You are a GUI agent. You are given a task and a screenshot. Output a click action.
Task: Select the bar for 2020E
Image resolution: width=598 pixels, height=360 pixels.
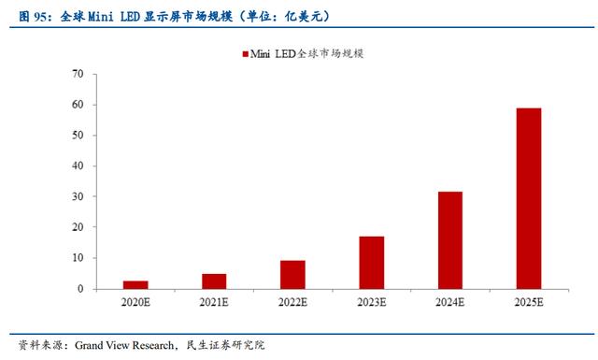click(135, 285)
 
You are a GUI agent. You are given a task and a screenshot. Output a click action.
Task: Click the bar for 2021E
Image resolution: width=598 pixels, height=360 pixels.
click(214, 281)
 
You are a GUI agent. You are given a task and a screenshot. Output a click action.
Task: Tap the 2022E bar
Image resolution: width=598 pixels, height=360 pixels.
click(292, 275)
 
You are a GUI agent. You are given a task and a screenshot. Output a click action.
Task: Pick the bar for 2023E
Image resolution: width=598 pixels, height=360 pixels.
click(372, 263)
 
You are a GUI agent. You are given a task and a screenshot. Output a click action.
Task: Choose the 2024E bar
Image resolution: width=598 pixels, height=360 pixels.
click(450, 240)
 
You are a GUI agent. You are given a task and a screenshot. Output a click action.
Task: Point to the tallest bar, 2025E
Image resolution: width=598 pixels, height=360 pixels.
click(529, 198)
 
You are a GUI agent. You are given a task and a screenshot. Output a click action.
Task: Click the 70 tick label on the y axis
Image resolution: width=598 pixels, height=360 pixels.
click(78, 74)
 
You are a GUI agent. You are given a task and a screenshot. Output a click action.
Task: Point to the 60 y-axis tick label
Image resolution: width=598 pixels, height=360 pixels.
click(78, 104)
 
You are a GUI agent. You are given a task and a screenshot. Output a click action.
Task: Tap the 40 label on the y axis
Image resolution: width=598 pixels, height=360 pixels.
click(78, 166)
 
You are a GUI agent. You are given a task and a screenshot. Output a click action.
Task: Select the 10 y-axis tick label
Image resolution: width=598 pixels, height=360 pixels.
click(78, 258)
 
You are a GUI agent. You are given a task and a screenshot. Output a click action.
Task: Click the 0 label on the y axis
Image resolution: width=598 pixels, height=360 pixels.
click(80, 289)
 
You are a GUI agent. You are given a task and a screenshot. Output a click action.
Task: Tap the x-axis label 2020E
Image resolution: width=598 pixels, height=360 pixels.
click(135, 302)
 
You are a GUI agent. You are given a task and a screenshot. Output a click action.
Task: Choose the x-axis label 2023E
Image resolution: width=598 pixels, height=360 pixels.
click(372, 302)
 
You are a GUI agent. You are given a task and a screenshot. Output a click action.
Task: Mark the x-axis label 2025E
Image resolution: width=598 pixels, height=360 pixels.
click(529, 302)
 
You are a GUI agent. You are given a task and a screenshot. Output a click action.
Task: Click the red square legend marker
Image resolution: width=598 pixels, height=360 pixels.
click(245, 54)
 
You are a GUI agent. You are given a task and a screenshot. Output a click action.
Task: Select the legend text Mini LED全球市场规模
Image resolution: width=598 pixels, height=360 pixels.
click(306, 54)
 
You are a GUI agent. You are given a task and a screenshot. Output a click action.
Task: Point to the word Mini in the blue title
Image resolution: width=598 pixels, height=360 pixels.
click(101, 17)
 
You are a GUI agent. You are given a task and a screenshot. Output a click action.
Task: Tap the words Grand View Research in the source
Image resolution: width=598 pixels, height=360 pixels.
click(124, 345)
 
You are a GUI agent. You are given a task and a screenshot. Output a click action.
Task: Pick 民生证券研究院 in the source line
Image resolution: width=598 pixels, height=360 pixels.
click(225, 345)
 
